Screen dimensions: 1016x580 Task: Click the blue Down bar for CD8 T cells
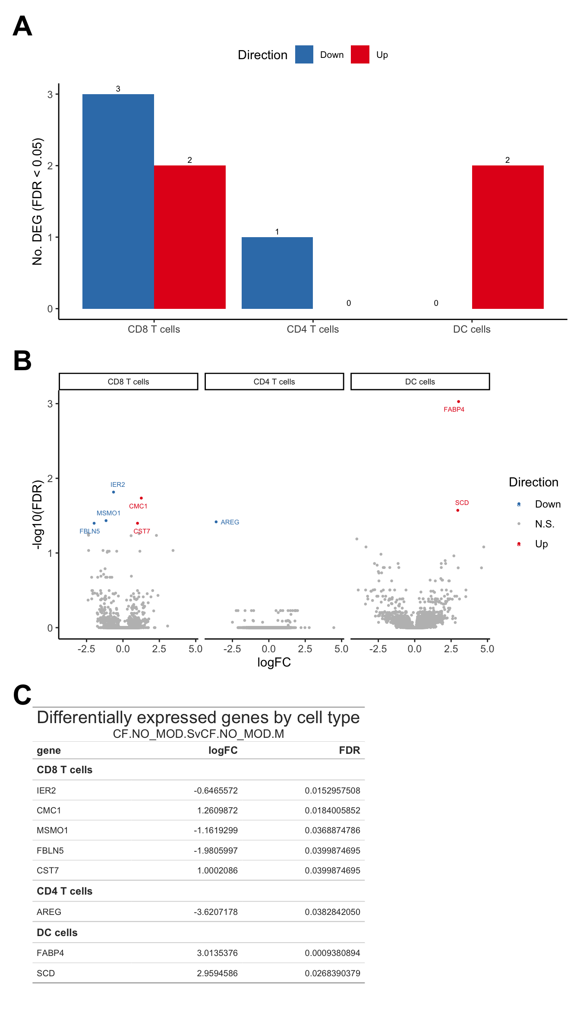click(118, 201)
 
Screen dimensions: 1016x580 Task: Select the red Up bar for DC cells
click(507, 237)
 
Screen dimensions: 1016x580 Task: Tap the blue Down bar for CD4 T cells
click(277, 273)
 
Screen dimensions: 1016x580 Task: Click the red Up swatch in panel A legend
click(360, 54)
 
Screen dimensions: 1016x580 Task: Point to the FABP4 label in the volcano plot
click(454, 410)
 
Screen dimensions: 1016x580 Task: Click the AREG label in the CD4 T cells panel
click(230, 522)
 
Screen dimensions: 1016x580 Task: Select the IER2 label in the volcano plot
click(117, 485)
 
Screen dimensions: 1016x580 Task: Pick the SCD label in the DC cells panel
click(462, 503)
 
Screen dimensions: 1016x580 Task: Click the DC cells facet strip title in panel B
click(420, 382)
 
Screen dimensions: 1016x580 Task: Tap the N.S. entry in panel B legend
click(544, 524)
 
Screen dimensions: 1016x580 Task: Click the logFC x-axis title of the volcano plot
click(274, 662)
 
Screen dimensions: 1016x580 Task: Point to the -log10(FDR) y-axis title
click(38, 514)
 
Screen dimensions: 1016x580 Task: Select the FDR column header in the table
click(349, 750)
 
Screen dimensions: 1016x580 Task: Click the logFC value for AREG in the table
click(215, 912)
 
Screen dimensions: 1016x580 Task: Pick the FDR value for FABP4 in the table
click(332, 953)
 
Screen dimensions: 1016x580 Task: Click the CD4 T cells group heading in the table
click(65, 891)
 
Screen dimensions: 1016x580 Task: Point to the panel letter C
click(22, 695)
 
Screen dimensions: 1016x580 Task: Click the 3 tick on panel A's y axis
click(50, 95)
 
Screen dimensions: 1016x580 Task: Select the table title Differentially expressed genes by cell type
click(198, 718)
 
